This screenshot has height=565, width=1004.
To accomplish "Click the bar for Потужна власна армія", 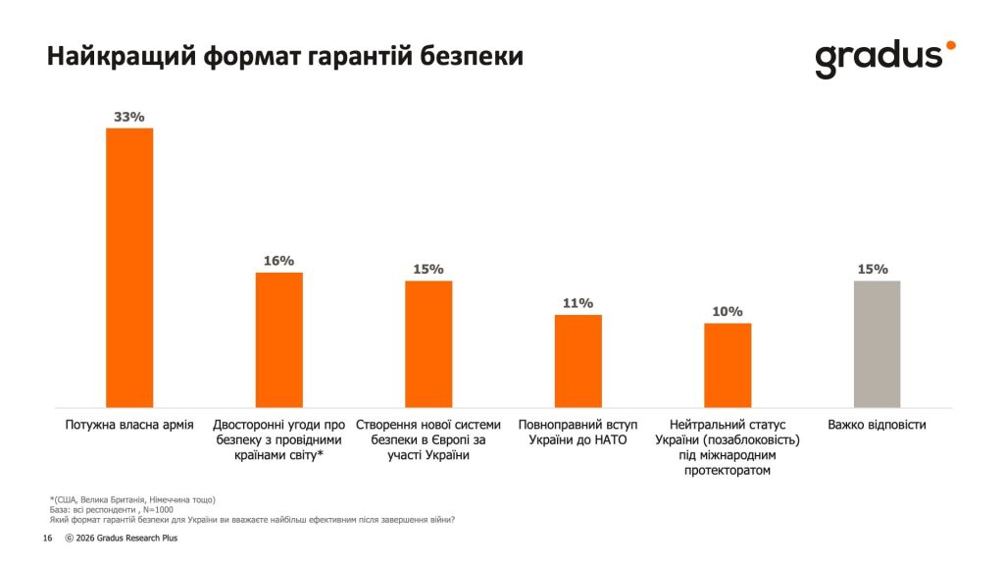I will coord(129,267).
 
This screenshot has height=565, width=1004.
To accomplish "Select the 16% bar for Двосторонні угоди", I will coord(279,339).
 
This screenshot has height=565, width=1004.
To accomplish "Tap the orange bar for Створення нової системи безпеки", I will coord(428,343).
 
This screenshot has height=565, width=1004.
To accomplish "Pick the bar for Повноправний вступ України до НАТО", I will coord(578,360).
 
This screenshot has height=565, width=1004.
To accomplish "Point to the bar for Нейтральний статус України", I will coord(728,365).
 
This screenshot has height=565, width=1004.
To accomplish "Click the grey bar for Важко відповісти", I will coord(877,343).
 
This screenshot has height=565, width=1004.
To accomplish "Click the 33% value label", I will coord(129,117).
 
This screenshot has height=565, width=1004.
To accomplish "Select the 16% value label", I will coord(279,261).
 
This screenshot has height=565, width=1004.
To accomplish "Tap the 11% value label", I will coord(578,303).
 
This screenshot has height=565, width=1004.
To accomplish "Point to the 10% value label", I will coord(728,312).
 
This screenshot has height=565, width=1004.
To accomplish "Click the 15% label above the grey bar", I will coord(873,269).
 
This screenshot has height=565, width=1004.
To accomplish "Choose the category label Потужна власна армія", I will coord(129,425).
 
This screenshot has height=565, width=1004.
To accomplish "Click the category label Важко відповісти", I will coord(877,425).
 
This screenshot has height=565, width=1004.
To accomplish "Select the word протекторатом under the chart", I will coord(728,471).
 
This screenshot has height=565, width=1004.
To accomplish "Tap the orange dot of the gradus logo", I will coord(949,45).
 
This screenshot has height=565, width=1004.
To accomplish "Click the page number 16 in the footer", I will coord(47,539).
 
